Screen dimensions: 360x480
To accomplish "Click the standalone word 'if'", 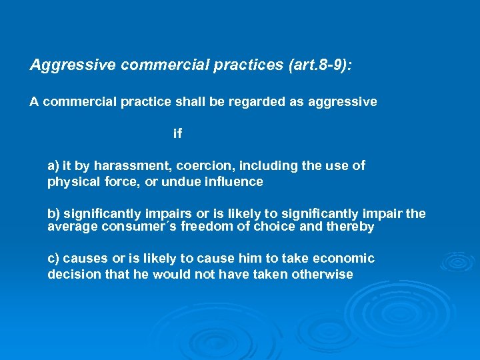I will (177, 134).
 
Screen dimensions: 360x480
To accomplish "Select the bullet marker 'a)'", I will (54, 165).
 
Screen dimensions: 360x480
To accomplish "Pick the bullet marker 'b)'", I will (54, 214).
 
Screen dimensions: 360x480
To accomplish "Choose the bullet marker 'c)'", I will (54, 259).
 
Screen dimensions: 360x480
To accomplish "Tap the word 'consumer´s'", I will (132, 227).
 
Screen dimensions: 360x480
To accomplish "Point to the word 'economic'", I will (346, 259).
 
